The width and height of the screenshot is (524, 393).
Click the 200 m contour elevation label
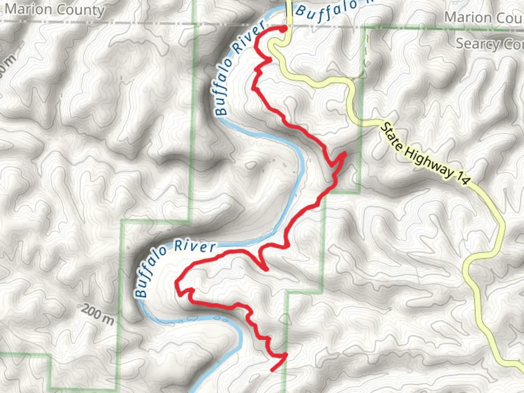pyautogui.click(x=97, y=315)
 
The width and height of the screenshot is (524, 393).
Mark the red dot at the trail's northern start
pyautogui.click(x=283, y=29)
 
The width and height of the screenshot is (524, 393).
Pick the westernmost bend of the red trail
pyautogui.click(x=176, y=282)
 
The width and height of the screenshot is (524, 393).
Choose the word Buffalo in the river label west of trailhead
pyautogui.click(x=223, y=87)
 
